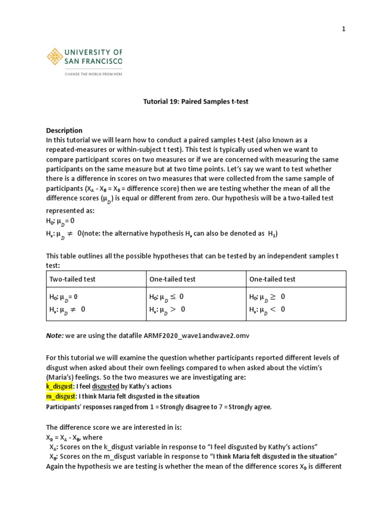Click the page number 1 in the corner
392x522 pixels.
coord(344,29)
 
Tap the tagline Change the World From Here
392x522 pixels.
coord(93,73)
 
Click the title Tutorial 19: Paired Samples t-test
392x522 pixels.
coord(195,101)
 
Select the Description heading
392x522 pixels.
coord(64,130)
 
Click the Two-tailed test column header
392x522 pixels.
coord(72,279)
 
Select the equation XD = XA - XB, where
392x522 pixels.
coord(74,437)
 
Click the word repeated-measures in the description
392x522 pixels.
coord(76,149)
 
